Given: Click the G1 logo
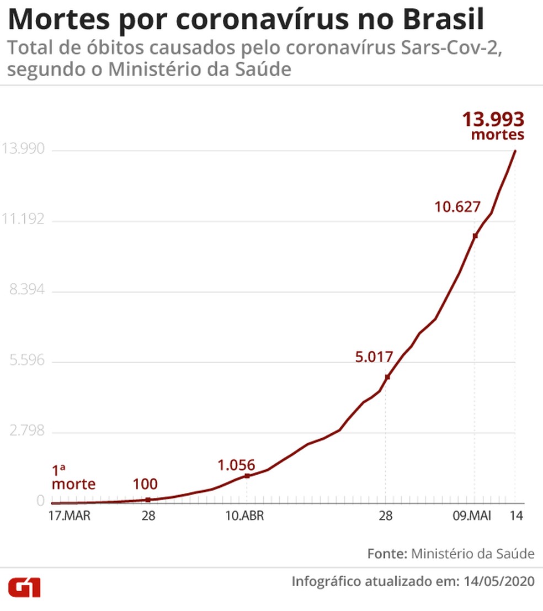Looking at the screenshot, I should click(24, 587).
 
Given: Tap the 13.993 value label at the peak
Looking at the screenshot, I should click(493, 120).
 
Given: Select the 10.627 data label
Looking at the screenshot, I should click(457, 208).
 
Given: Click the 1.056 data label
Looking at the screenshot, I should click(237, 465).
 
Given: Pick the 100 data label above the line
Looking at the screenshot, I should click(145, 485).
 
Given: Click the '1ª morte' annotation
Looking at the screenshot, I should click(73, 478).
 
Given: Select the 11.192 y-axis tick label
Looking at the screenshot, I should click(23, 220).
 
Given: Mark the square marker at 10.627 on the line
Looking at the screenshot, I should click(475, 236).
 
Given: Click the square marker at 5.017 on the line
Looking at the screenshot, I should click(388, 377).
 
